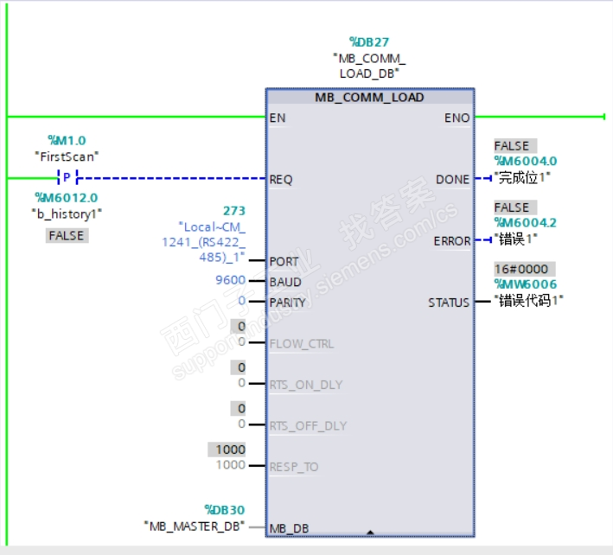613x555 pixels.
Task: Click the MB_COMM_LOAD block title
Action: [369, 98]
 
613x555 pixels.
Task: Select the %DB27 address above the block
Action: [370, 41]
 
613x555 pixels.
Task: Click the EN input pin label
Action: [278, 118]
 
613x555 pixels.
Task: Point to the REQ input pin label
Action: [281, 180]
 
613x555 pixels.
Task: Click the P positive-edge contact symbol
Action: [67, 178]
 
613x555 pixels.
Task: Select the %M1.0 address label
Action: [67, 140]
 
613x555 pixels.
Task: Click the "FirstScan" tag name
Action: [67, 156]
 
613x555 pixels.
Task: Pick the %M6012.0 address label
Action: [66, 197]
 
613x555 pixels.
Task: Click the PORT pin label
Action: [284, 261]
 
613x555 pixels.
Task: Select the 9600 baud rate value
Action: [230, 281]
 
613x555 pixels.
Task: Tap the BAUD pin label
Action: [285, 282]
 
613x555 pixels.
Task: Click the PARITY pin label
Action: [288, 303]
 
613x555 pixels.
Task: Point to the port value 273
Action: [234, 211]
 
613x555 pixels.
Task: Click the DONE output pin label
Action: [452, 180]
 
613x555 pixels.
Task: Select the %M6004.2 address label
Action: [525, 223]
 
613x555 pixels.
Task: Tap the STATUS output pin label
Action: [449, 303]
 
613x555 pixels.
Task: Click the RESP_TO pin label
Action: [294, 467]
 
